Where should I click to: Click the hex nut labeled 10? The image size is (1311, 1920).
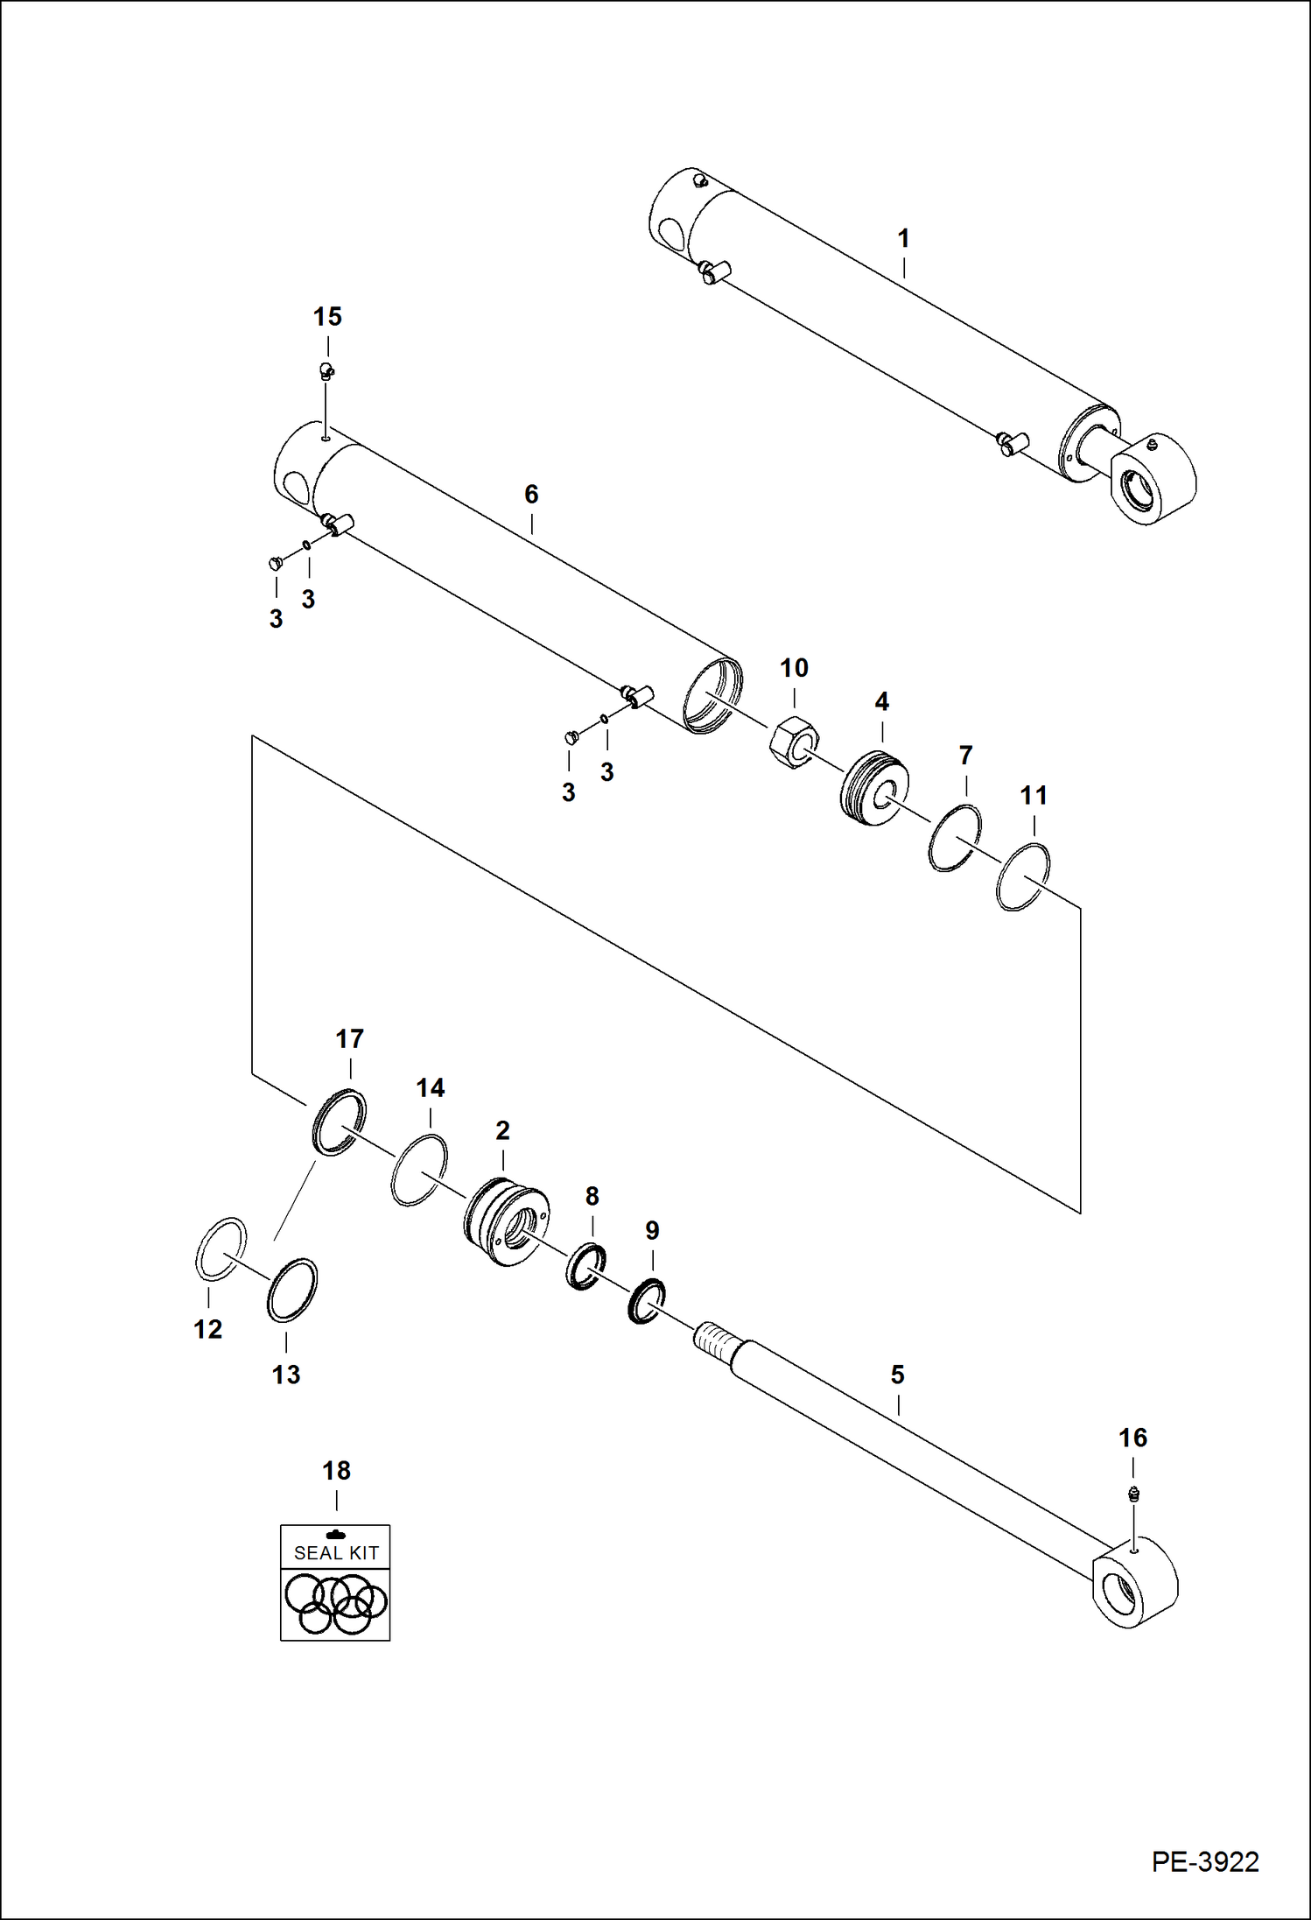pos(792,741)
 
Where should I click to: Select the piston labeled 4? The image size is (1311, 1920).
pos(874,788)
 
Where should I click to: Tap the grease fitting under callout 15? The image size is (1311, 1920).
pos(326,370)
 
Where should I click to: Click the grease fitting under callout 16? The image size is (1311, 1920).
pos(1133,1493)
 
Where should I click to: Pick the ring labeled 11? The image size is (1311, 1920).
pos(1023,876)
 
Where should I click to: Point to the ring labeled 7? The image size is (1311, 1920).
pos(955,838)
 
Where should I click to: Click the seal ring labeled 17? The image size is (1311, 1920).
pos(338,1122)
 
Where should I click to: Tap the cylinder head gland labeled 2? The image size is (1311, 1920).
pos(506,1221)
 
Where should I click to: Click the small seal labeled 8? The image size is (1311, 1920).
pos(585,1266)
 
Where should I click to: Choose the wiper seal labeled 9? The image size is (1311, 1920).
pos(647,1301)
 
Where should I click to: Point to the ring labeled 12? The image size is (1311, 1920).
pos(221,1248)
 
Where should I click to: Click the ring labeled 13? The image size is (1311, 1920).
pos(292,1290)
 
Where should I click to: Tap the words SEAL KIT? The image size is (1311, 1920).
pos(336,1553)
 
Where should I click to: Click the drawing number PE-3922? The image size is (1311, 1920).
pos(1204,1861)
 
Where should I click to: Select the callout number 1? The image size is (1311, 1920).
pos(903,238)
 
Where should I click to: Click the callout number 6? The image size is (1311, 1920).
pos(531,495)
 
